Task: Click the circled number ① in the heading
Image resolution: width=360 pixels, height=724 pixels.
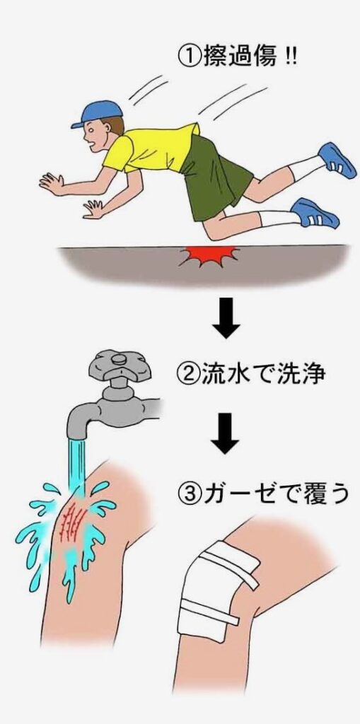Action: (x=189, y=58)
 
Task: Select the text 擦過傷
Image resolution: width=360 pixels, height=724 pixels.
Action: (x=239, y=58)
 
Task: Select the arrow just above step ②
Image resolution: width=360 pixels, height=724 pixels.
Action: (x=226, y=318)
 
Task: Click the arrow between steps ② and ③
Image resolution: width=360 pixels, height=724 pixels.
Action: (x=225, y=433)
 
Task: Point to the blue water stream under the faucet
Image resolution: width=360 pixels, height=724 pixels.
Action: (x=76, y=467)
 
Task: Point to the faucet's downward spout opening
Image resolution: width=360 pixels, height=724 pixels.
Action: (x=76, y=436)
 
